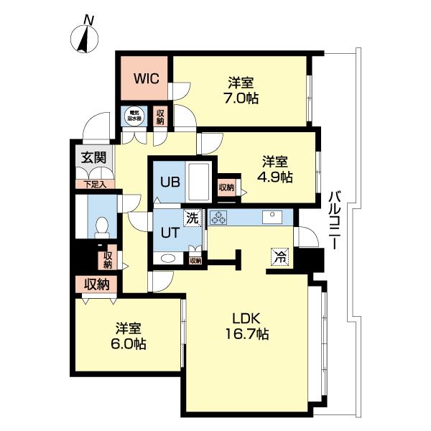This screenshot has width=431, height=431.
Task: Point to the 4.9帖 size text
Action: [277, 177]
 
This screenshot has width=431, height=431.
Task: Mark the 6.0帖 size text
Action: [130, 344]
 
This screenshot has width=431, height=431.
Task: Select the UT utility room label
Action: [169, 232]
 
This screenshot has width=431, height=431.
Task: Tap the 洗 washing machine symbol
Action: [192, 218]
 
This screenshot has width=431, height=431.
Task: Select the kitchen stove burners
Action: [218, 217]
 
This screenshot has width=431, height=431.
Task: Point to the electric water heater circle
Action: [134, 115]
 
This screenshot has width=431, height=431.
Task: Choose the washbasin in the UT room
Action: [169, 259]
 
